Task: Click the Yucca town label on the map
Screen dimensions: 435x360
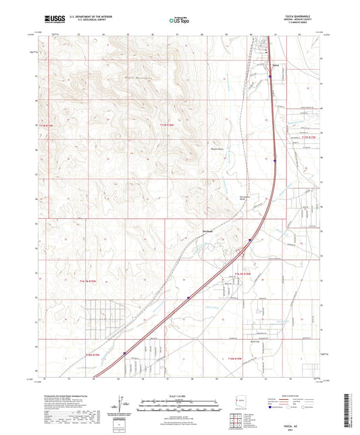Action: pyautogui.click(x=275, y=66)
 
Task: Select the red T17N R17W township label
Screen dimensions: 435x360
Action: pyautogui.click(x=308, y=138)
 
